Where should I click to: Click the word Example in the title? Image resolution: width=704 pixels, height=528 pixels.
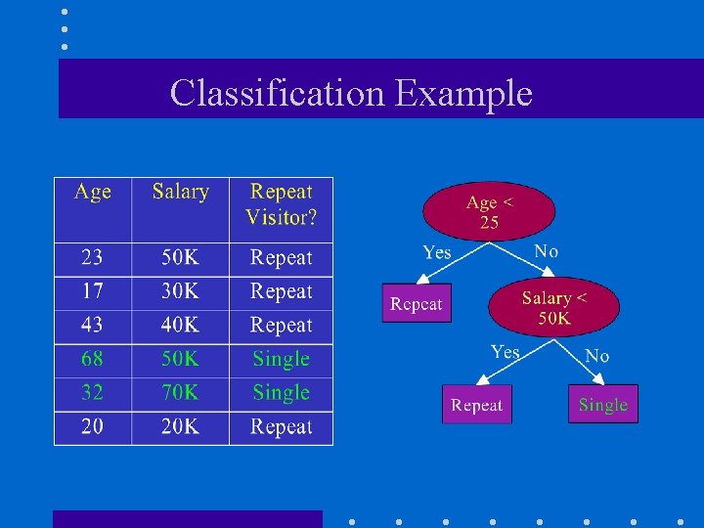pyautogui.click(x=464, y=94)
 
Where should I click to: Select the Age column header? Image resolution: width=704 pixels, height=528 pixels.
pyautogui.click(x=93, y=193)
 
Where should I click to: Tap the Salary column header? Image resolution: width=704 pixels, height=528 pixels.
pyautogui.click(x=180, y=193)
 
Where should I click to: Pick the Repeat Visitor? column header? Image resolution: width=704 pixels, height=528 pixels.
pyautogui.click(x=281, y=204)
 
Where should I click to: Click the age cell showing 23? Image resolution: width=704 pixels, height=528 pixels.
pyautogui.click(x=92, y=258)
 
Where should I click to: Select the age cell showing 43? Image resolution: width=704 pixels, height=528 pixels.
pyautogui.click(x=92, y=326)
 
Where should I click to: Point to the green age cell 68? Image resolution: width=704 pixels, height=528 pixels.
pyautogui.click(x=92, y=359)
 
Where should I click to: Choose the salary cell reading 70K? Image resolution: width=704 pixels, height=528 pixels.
pyautogui.click(x=180, y=393)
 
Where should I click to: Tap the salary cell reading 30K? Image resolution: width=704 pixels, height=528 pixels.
pyautogui.click(x=180, y=291)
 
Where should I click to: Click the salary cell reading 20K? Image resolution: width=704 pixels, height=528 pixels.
pyautogui.click(x=180, y=426)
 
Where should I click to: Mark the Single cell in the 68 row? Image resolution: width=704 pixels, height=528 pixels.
pyautogui.click(x=281, y=359)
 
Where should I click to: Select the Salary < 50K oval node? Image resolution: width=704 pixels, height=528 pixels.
pyautogui.click(x=554, y=308)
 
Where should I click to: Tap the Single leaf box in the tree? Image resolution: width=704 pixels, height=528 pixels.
pyautogui.click(x=602, y=404)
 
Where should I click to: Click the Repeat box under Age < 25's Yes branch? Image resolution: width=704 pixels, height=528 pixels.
pyautogui.click(x=417, y=303)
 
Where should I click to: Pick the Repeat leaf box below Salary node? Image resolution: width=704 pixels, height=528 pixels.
pyautogui.click(x=476, y=404)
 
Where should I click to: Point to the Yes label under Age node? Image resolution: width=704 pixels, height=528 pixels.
pyautogui.click(x=437, y=252)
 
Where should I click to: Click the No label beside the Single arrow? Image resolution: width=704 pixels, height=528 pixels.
pyautogui.click(x=596, y=356)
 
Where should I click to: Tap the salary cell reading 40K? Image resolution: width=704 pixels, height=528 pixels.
pyautogui.click(x=180, y=326)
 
